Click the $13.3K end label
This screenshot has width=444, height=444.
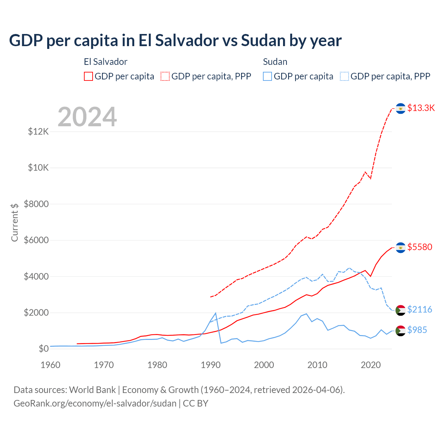pos(421,108)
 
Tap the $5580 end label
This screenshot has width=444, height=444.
pos(420,247)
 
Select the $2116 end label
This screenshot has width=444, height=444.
pos(420,309)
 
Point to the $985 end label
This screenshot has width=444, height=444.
pos(417,330)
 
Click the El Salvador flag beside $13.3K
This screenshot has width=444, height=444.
pos(401,109)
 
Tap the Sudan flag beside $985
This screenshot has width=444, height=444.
pos(401,331)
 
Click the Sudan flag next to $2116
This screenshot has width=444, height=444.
pos(401,310)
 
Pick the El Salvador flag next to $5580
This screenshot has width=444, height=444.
pos(401,248)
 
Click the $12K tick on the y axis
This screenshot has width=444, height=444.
pos(39,132)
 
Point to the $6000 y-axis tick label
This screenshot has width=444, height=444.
pos(36,240)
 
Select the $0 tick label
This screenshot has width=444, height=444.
pos(43,349)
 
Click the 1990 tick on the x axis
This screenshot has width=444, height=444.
pos(211,365)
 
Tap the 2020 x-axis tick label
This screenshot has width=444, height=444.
pos(371,365)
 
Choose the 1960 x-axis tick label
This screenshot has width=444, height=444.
pos(51,365)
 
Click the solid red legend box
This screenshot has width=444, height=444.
pos(88,76)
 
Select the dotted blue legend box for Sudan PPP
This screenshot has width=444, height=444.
pos(344,76)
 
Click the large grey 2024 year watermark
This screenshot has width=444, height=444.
pos(87,117)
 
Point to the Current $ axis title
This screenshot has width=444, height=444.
pos(15,222)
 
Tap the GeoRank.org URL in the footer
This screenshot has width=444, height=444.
pos(95,403)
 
